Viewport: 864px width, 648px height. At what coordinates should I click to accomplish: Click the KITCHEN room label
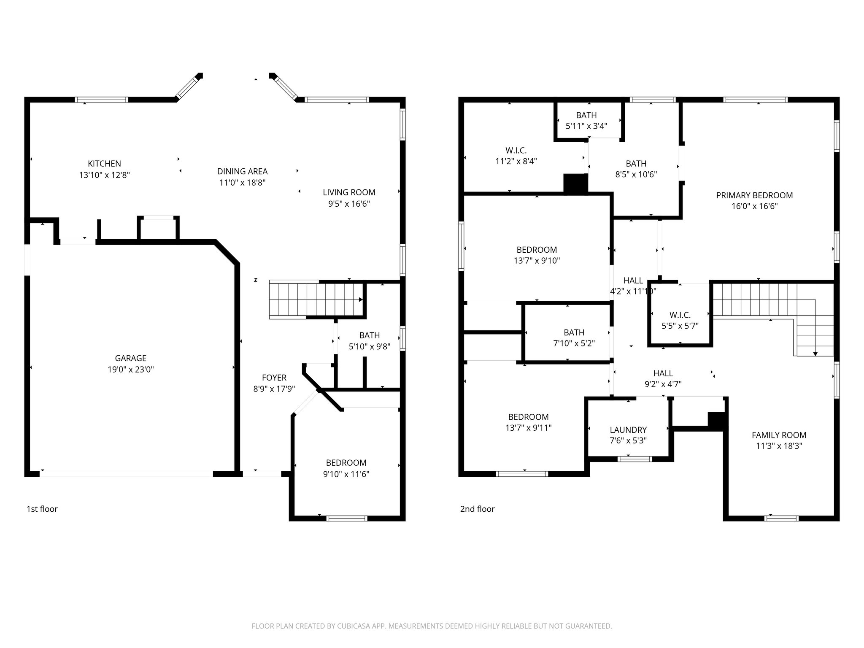pos(104,164)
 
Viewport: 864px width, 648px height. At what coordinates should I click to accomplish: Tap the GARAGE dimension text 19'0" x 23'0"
pos(130,370)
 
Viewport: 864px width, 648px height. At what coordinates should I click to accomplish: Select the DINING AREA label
pos(242,171)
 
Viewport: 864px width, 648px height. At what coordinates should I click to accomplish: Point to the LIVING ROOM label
pos(349,192)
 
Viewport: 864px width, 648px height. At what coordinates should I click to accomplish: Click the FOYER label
pos(274,378)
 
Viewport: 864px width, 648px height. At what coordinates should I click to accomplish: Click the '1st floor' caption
pos(42,509)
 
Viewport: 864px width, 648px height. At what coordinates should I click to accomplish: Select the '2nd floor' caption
pos(477,509)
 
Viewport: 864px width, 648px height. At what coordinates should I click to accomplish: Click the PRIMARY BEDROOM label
pos(754,195)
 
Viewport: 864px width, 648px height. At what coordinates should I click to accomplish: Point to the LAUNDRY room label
pos(628,430)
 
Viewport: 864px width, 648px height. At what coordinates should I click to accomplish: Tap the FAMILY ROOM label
pos(779,435)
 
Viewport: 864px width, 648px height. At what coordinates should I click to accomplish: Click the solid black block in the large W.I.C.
pos(575,184)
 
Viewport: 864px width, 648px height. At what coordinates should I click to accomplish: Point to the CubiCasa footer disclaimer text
pos(432,626)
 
